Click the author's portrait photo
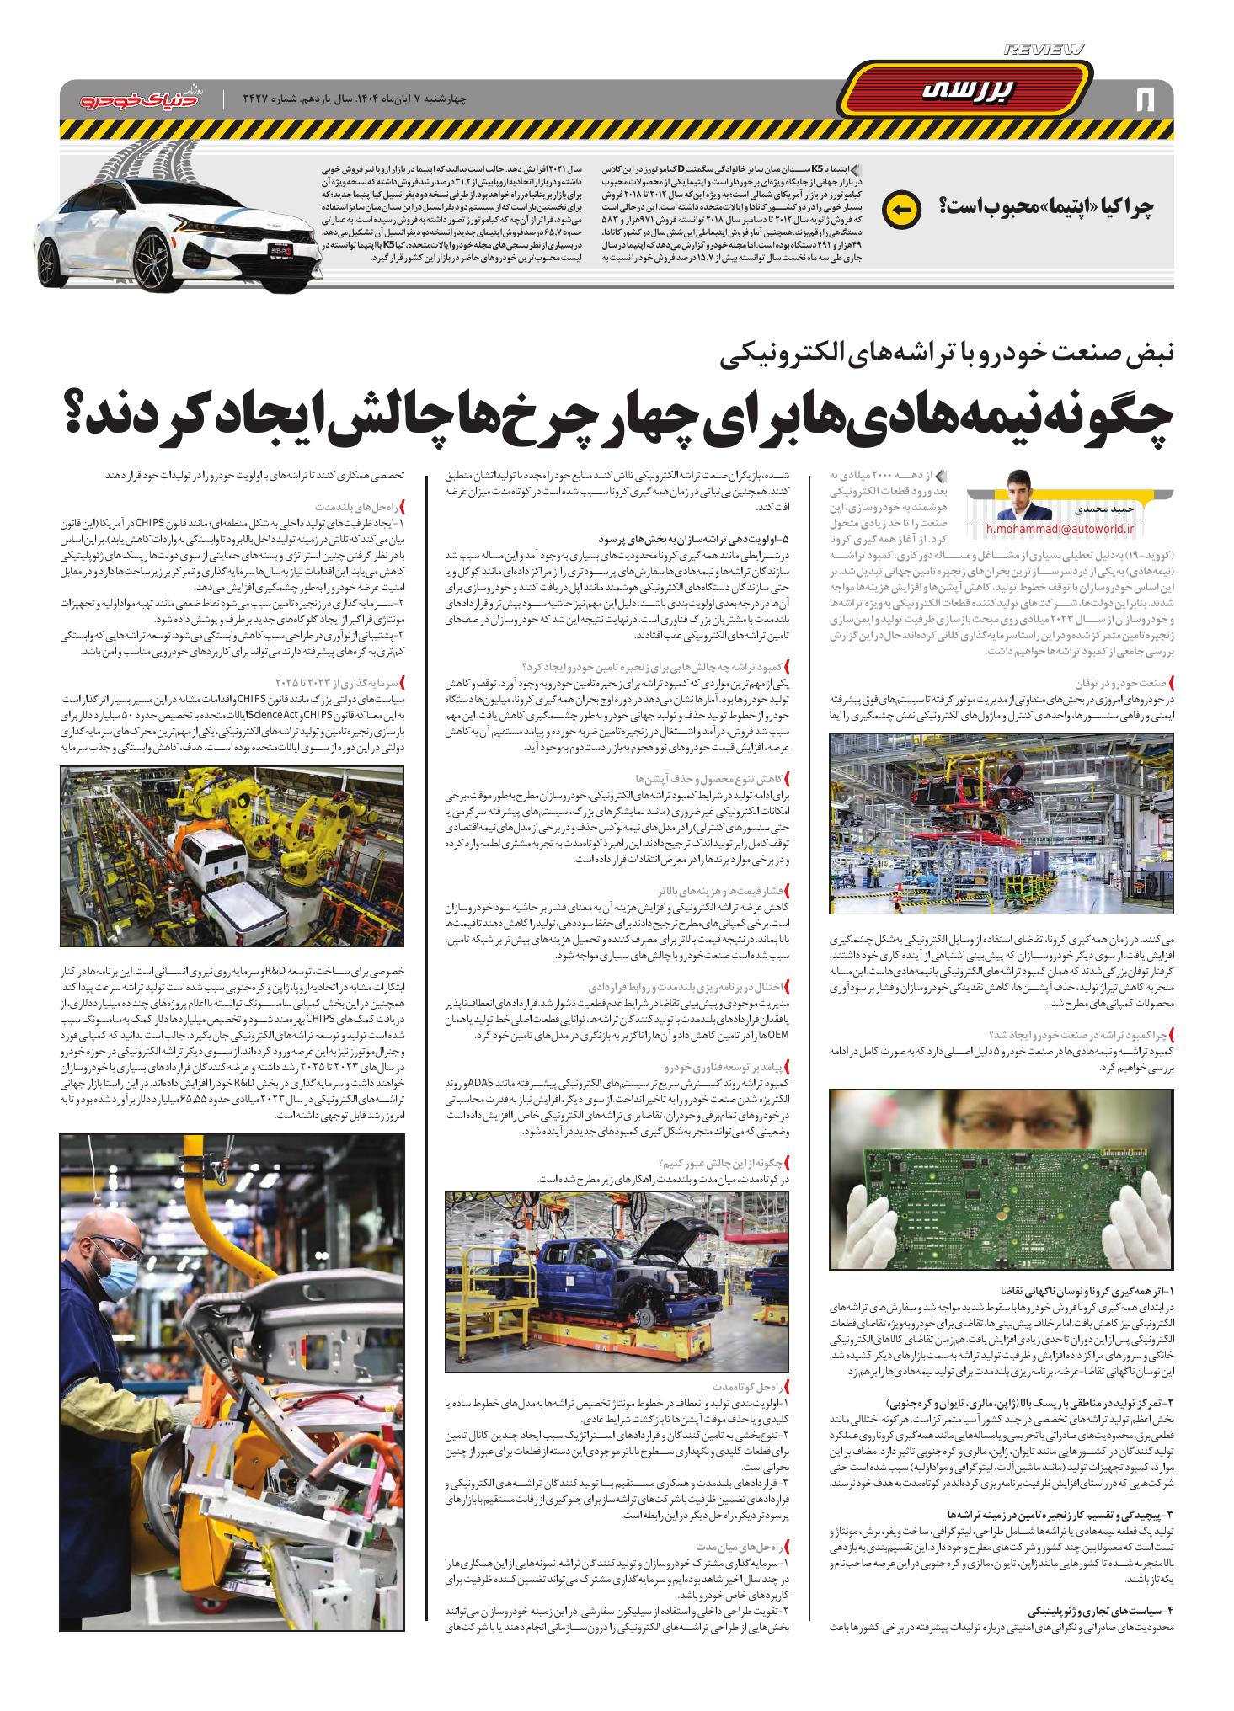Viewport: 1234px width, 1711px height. pos(1023,494)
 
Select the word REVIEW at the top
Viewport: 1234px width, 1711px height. pos(1044,51)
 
